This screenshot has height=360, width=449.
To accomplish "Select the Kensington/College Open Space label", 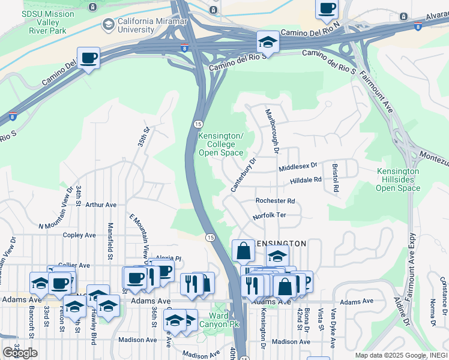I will point(221,145).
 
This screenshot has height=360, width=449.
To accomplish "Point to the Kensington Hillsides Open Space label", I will point(398,180).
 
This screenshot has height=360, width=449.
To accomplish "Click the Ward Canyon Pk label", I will point(218,320).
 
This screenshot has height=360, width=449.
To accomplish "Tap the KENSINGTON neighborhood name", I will point(282,244).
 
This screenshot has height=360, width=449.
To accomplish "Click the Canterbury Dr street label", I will point(244,175).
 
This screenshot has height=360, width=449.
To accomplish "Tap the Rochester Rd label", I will point(275,201).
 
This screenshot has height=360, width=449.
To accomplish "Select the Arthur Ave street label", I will point(101,205).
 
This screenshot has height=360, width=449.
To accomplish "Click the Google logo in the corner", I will point(20,353).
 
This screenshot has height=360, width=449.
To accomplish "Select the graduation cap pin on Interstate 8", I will point(268,42).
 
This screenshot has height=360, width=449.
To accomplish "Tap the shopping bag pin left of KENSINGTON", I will point(244,251).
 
